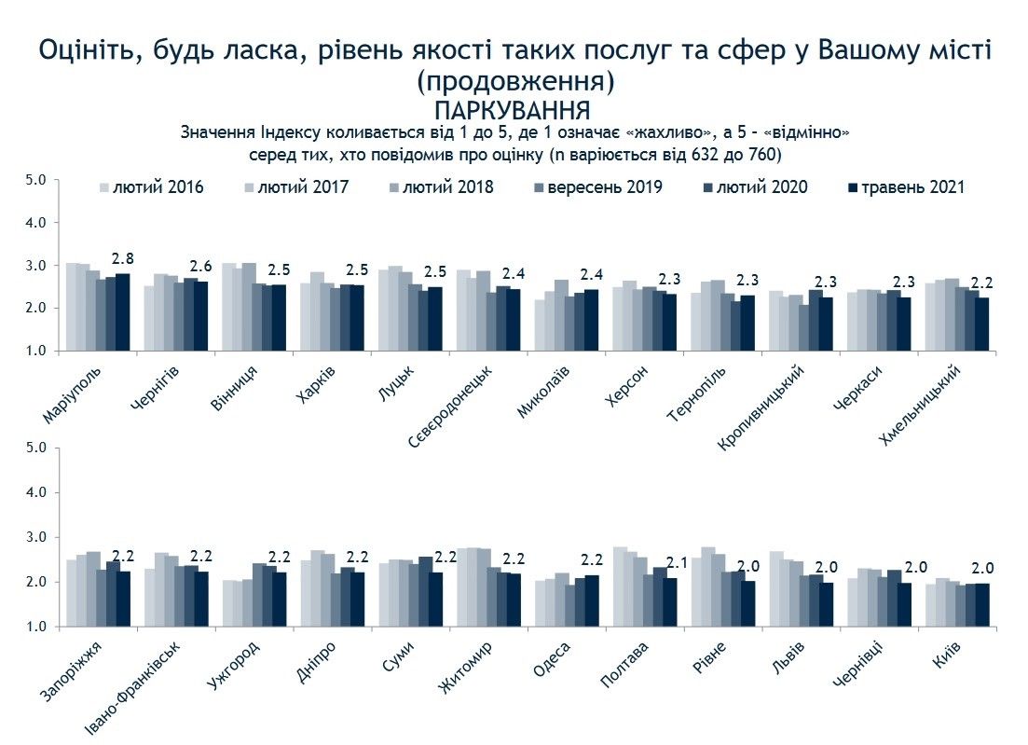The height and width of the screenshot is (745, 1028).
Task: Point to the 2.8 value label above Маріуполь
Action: click(123, 258)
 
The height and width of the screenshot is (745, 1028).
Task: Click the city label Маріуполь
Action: click(74, 393)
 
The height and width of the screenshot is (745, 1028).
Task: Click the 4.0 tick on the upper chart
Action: click(34, 223)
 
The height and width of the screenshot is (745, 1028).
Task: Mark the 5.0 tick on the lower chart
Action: click(34, 448)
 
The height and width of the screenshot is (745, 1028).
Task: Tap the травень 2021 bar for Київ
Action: click(981, 604)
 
